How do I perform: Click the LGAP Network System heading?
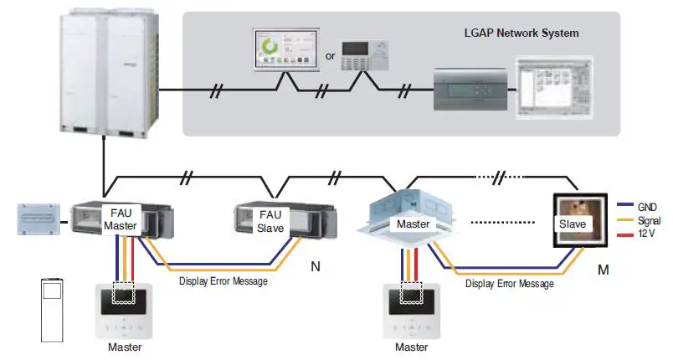click(521, 33)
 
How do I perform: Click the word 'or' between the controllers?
click(330, 57)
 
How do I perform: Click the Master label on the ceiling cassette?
click(413, 224)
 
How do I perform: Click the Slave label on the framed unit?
click(573, 224)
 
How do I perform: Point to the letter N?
click(316, 267)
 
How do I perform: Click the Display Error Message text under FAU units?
click(223, 281)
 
